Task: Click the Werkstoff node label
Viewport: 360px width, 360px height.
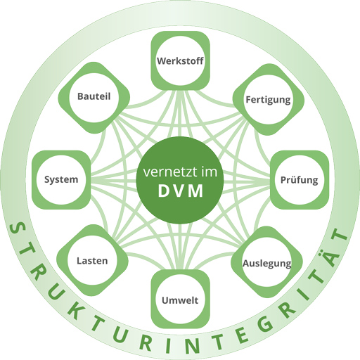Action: (x=180, y=60)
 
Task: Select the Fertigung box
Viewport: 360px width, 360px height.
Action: (x=268, y=99)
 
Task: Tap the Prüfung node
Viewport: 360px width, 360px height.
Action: (x=299, y=180)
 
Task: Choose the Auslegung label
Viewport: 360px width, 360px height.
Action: (x=266, y=264)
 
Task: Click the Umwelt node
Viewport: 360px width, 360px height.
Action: (x=179, y=301)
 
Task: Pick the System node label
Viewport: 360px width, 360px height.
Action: (x=60, y=180)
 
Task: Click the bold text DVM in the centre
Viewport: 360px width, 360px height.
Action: (x=179, y=191)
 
